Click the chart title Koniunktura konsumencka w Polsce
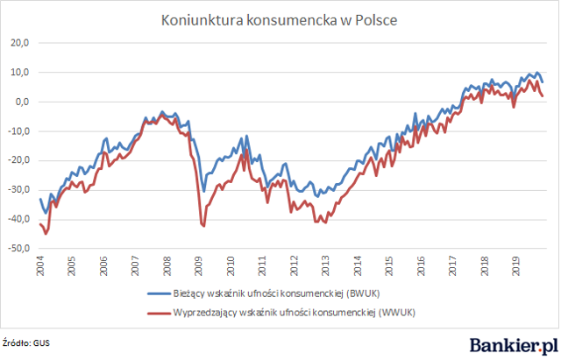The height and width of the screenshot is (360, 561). pos(279,20)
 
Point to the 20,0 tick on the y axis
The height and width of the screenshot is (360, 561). pos(19,43)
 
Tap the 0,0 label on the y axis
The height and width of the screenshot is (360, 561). pos(22,102)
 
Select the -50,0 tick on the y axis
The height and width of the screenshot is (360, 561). pos(18,249)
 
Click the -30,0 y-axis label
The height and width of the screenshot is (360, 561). pos(18,190)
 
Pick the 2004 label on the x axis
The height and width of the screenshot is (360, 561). pos(40,266)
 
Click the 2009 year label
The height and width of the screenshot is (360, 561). pos(199,266)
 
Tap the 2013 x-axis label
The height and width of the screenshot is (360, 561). pos(326,266)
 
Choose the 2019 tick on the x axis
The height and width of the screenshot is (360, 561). pos(516,266)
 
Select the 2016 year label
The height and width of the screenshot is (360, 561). pos(421,266)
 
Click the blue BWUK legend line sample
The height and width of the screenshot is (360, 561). pos(159,293)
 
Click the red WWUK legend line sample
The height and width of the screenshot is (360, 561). pos(159,314)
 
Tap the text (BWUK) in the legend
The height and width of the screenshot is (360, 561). pos(363,293)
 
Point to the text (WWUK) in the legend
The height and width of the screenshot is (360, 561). pos(397,313)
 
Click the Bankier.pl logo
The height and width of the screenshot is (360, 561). pos(514,346)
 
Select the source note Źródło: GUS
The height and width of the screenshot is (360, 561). pos(26,343)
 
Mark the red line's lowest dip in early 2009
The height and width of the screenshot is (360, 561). pos(204,226)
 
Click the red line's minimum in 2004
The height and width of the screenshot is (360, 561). pos(46,234)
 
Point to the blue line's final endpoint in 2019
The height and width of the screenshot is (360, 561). pos(543,82)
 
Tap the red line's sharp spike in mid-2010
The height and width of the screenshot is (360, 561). pos(247,150)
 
